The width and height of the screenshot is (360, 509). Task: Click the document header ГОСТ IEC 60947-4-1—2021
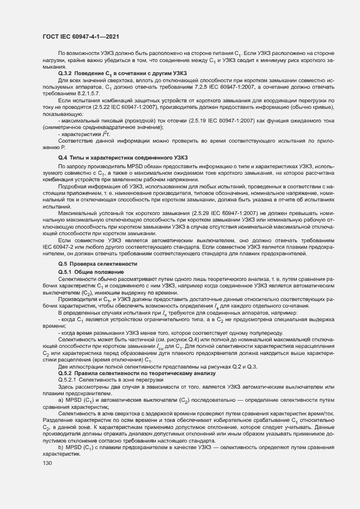click(x=81, y=36)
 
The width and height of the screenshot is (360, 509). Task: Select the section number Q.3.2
click(x=67, y=73)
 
